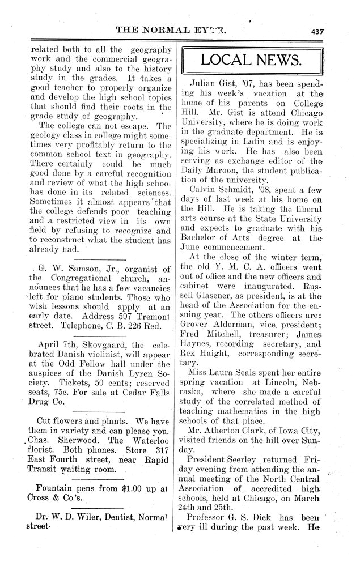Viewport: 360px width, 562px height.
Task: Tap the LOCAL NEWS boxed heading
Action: click(x=252, y=59)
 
